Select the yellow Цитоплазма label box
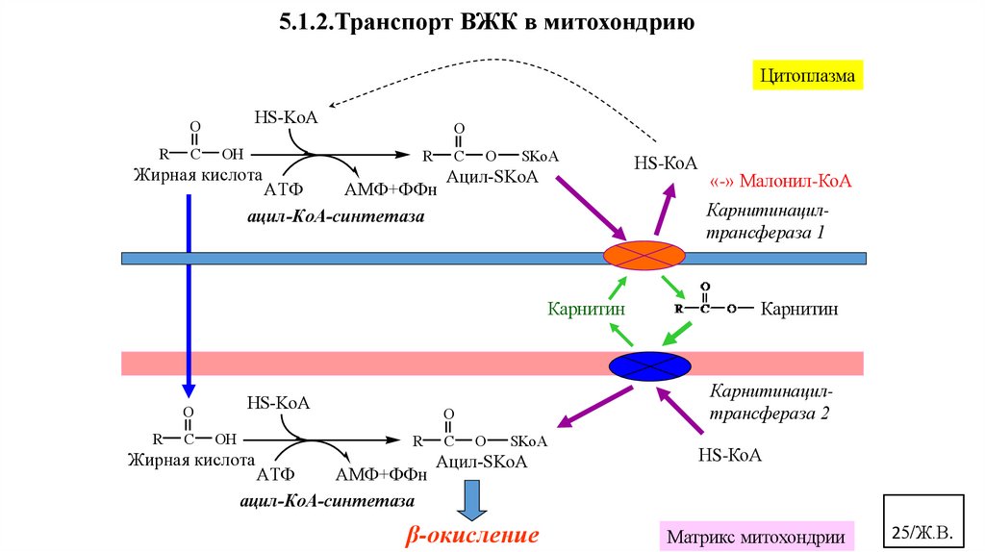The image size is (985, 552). pyautogui.click(x=807, y=73)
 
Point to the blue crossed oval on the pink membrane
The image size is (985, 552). pyautogui.click(x=650, y=366)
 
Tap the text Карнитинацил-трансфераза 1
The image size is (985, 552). pyautogui.click(x=767, y=221)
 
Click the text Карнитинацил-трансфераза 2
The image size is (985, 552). pyautogui.click(x=769, y=403)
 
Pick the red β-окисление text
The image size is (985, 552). pyautogui.click(x=471, y=535)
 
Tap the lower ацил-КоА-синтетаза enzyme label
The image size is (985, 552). pyautogui.click(x=327, y=501)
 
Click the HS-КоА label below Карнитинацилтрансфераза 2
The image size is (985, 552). pyautogui.click(x=730, y=455)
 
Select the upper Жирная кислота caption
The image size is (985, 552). pyautogui.click(x=198, y=176)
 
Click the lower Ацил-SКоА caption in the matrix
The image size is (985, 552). pyautogui.click(x=481, y=461)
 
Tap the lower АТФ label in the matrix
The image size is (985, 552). pyautogui.click(x=275, y=474)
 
